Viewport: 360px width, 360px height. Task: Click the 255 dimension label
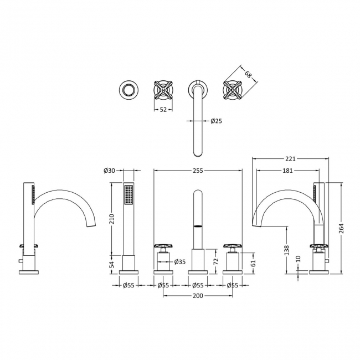(x=198, y=171)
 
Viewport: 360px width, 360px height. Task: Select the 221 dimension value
(x=290, y=158)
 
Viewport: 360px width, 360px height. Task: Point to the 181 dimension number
(x=287, y=171)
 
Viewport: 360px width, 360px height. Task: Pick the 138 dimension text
(x=287, y=250)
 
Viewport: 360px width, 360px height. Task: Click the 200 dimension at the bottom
(x=198, y=295)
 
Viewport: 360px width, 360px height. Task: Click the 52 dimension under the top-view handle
(x=163, y=109)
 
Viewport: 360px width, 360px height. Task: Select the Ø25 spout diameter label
(x=216, y=120)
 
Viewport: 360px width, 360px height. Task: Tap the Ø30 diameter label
(x=109, y=171)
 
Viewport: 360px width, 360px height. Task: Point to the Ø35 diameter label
(x=179, y=262)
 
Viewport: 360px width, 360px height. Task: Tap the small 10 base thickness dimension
(x=299, y=259)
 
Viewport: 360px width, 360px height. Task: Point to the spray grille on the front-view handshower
(x=128, y=196)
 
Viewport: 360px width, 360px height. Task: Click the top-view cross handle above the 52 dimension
(x=163, y=89)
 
